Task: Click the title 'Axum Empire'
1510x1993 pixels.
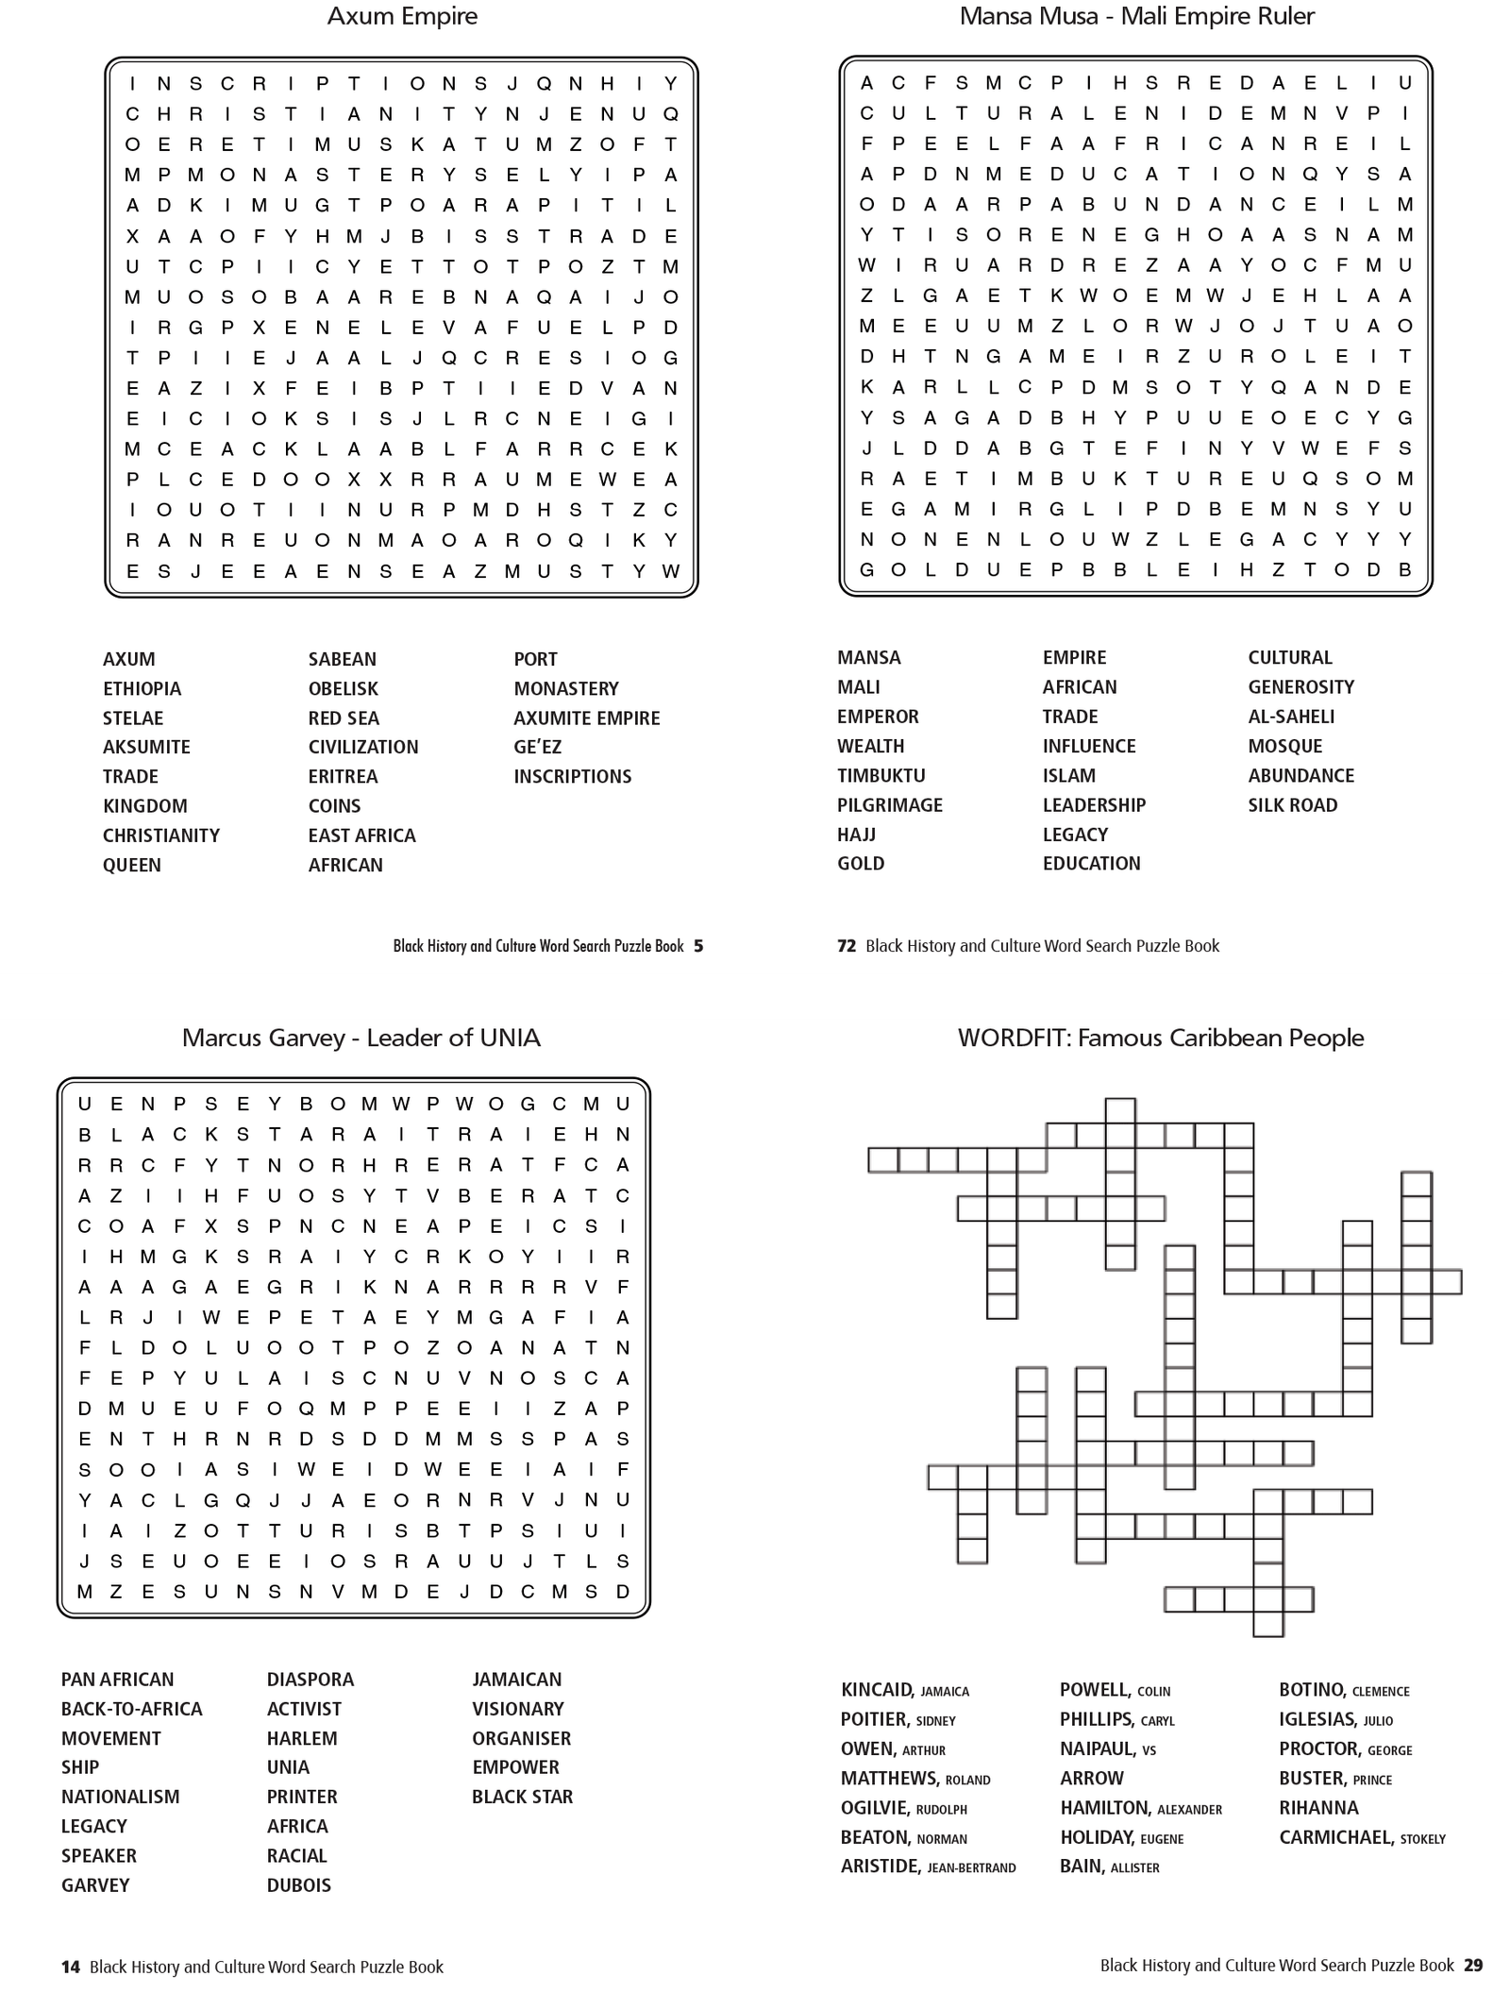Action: coord(402,16)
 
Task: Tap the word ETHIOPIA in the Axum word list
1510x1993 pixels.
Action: coord(142,688)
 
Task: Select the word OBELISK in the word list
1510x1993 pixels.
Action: coord(343,688)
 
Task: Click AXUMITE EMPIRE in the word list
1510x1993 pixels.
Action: coord(586,718)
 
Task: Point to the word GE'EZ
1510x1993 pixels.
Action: coord(537,747)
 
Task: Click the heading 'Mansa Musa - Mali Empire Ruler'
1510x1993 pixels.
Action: coord(1136,16)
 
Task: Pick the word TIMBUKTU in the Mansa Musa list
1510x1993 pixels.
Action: coord(881,775)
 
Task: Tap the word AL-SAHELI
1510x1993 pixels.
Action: coord(1290,716)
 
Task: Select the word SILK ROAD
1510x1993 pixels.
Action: coord(1292,804)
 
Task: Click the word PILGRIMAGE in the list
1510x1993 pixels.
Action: coord(889,804)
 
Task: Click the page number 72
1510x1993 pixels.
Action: coord(846,945)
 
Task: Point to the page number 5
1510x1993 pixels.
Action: coord(698,945)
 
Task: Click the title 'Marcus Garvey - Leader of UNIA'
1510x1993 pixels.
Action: coord(361,1038)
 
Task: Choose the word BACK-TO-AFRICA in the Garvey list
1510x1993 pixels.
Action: coord(131,1709)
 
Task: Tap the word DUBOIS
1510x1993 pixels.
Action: coord(298,1885)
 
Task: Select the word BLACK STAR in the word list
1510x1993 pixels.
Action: coord(522,1797)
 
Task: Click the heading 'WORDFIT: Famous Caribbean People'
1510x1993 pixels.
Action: coord(1160,1038)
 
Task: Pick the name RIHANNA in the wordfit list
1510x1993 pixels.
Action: coord(1318,1808)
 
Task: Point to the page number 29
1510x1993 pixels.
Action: coord(1473,1965)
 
